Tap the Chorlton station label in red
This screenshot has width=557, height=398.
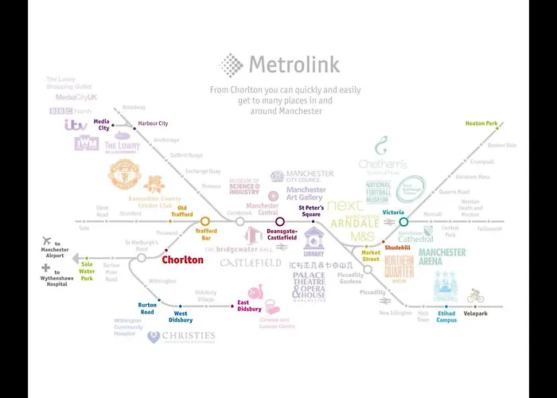[182, 259]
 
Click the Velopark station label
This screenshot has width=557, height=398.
[477, 313]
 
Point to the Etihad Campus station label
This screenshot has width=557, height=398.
[446, 317]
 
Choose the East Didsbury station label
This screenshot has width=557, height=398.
[249, 306]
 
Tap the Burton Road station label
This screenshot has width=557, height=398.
[147, 308]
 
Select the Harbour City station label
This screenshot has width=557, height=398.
[153, 123]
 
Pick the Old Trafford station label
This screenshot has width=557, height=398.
[182, 210]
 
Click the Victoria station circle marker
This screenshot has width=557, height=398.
[403, 222]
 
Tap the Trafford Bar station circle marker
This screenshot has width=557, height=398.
[204, 221]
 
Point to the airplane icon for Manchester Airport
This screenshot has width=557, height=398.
[47, 242]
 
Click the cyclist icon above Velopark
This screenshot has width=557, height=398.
[476, 296]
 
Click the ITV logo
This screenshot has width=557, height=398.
[76, 125]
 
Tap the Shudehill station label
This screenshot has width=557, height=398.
[396, 248]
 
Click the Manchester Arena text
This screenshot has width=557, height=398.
[442, 257]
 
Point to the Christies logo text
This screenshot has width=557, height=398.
[188, 335]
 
